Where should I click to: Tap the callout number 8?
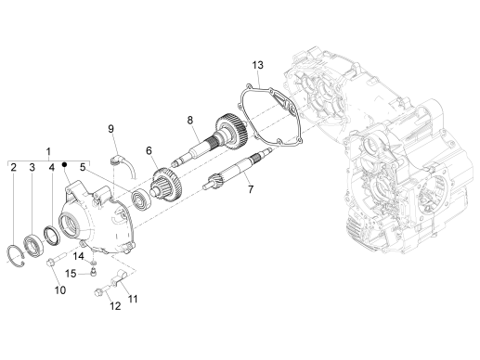pyautogui.click(x=189, y=121)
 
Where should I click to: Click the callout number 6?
pyautogui.click(x=147, y=151)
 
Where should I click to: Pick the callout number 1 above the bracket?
pyautogui.click(x=48, y=149)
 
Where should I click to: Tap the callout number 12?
pyautogui.click(x=115, y=305)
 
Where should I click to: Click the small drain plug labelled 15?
pyautogui.click(x=95, y=274)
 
